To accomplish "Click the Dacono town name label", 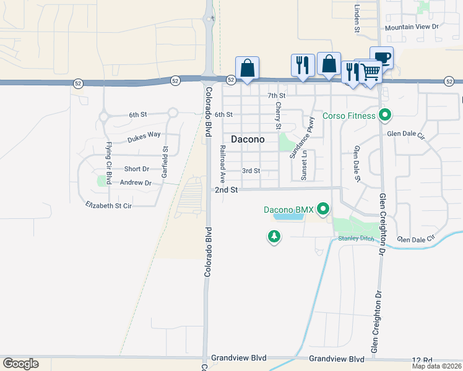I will pos(248,139).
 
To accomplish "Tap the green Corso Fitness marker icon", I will pos(385,115).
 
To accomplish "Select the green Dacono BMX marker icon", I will pos(322,210).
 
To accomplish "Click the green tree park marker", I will pos(274,236).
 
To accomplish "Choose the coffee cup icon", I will pos(382,58).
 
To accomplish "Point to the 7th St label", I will pos(276,96).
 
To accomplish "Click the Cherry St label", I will pos(279,116).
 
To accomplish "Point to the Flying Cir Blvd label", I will pos(109,163).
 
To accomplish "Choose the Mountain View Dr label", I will pos(411,27).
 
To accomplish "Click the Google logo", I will pos(20,364).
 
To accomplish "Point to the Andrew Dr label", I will pos(136,182).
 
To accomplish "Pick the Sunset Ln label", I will pos(303,168).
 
